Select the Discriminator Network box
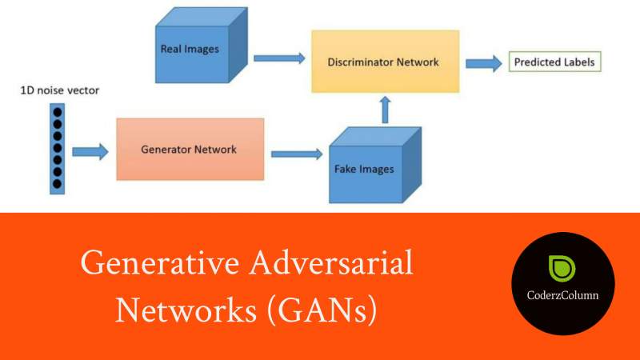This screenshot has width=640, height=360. (385, 61)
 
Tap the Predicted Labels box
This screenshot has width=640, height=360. (553, 62)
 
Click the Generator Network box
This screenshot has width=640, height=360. (190, 149)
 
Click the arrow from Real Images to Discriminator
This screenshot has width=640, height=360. (279, 58)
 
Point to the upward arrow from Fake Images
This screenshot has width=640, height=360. (385, 109)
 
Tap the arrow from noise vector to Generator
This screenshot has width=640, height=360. (89, 150)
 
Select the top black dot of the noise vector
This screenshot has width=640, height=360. (57, 112)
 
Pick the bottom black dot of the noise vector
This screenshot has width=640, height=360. (57, 185)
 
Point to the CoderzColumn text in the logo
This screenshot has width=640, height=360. (563, 295)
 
